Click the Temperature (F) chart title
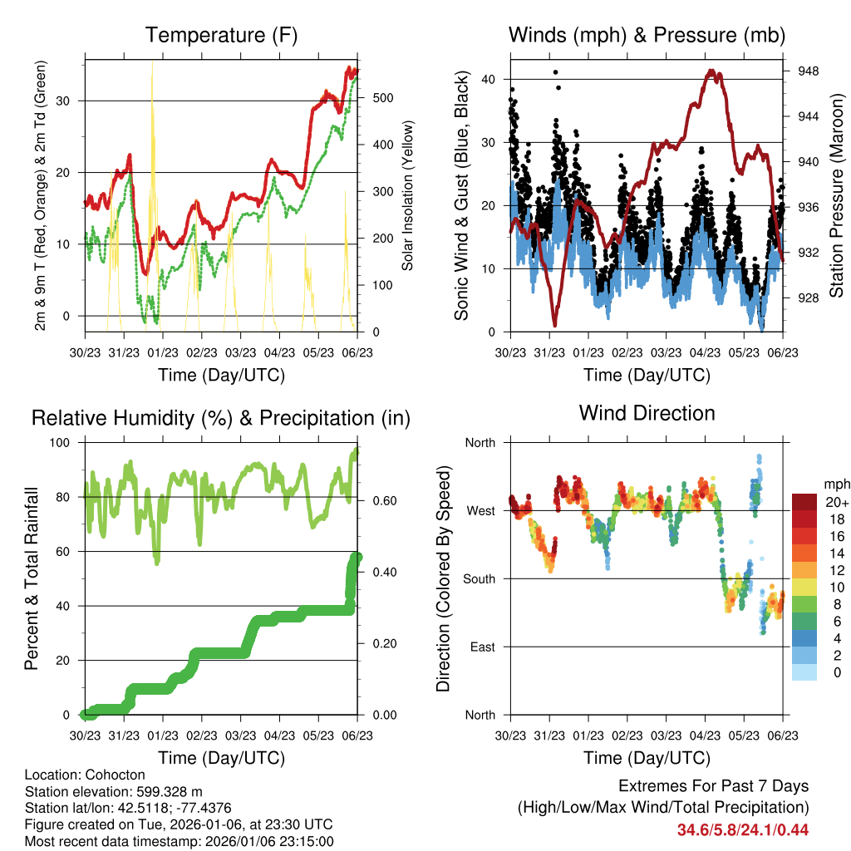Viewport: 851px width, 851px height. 221,35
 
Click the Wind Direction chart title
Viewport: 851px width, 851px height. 647,413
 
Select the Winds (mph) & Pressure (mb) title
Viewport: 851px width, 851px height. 647,35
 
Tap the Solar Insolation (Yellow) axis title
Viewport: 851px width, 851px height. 407,196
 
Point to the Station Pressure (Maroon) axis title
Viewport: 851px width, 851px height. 836,196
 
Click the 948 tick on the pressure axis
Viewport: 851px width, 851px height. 808,71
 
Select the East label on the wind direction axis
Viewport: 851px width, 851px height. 481,647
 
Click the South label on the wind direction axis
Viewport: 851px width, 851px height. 479,578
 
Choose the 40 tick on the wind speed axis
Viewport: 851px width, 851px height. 488,79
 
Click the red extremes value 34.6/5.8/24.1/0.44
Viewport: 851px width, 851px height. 742,829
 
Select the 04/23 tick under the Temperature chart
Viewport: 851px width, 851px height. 279,353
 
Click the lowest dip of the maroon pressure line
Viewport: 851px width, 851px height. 554,324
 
